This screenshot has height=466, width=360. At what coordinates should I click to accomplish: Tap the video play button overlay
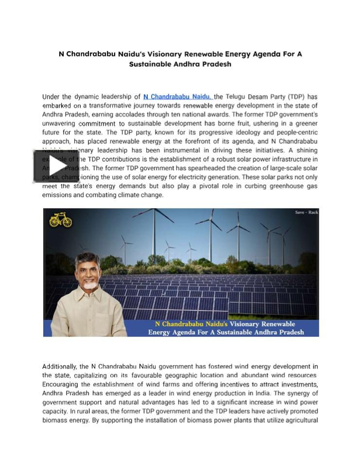click(x=56, y=166)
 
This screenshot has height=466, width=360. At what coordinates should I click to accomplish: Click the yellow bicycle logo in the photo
click(x=61, y=220)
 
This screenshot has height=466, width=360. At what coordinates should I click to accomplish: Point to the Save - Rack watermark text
click(x=306, y=213)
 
